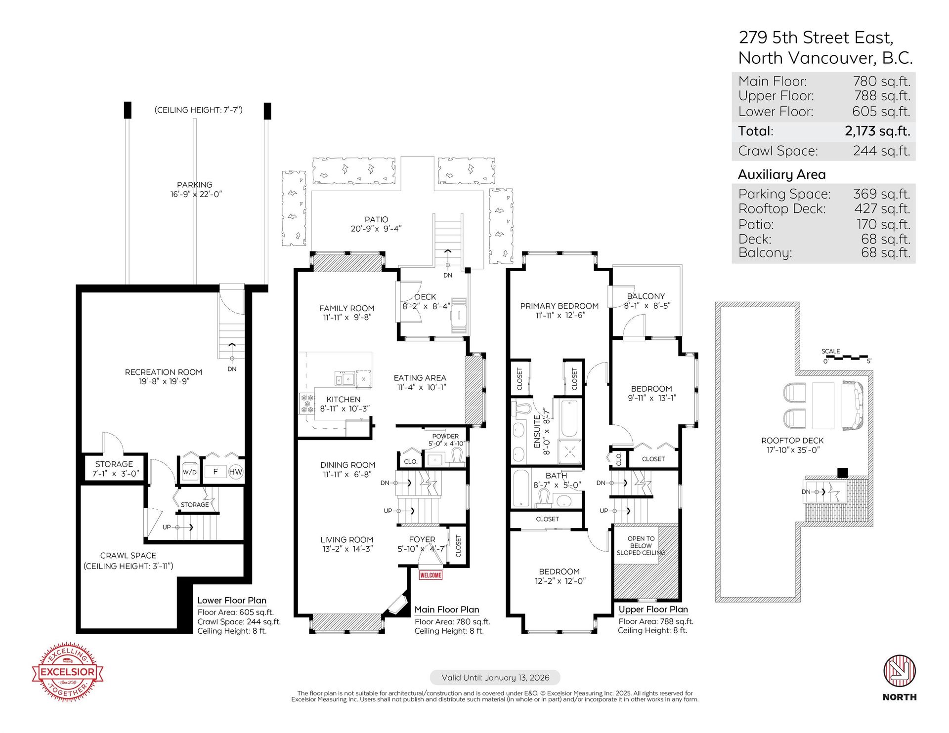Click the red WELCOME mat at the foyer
click(x=431, y=575)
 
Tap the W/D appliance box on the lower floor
click(x=190, y=472)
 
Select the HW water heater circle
click(x=236, y=472)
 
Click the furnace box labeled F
click(x=216, y=472)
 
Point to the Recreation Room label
click(x=164, y=372)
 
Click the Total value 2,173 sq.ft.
click(x=877, y=131)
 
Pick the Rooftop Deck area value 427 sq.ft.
click(x=882, y=209)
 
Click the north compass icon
click(x=900, y=671)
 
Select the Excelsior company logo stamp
click(x=68, y=672)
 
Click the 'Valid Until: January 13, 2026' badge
click(x=495, y=678)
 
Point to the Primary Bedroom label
click(x=560, y=306)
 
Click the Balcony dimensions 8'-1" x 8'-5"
click(x=647, y=306)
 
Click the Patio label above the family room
click(x=377, y=219)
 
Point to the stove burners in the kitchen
click(x=307, y=404)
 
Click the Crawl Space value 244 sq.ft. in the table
click(x=882, y=151)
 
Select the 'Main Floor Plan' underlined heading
click(x=447, y=610)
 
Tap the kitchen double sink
click(x=345, y=379)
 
